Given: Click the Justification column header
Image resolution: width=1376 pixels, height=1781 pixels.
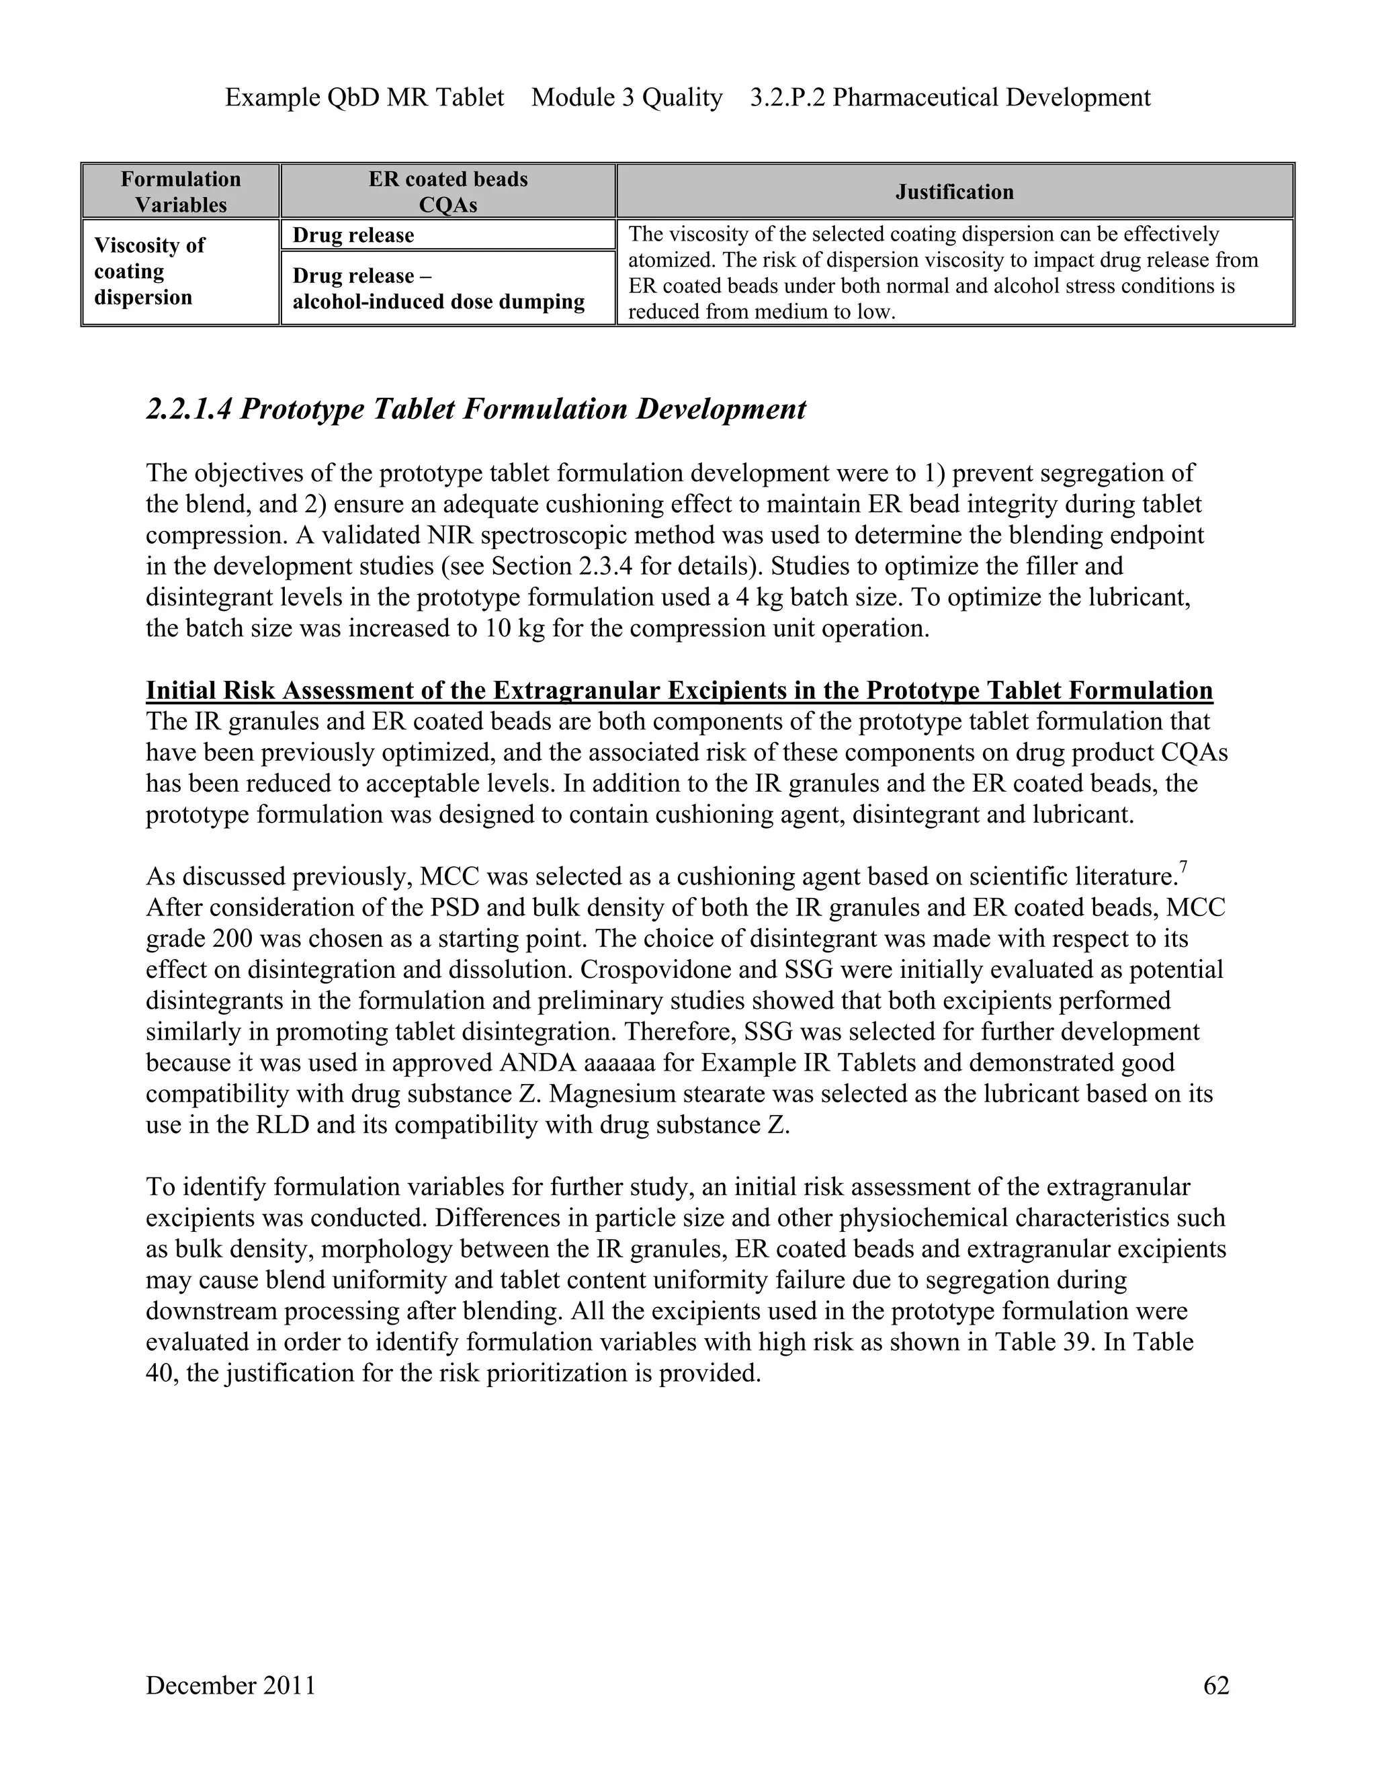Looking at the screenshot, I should [x=955, y=192].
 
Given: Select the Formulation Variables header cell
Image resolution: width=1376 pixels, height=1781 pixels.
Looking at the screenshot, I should [x=180, y=192].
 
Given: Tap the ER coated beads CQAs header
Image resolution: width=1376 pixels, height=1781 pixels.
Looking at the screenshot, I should [x=447, y=192].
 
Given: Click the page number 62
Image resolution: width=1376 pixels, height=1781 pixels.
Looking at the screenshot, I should [x=1215, y=1685].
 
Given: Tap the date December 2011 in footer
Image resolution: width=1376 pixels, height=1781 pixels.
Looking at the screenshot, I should [x=230, y=1685].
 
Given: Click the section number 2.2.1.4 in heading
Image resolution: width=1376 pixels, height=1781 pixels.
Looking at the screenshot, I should [x=189, y=409].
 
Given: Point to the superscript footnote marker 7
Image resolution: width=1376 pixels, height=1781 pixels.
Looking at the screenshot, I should [x=1182, y=869].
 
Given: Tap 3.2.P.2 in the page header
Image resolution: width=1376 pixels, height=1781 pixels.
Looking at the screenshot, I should [x=788, y=98].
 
